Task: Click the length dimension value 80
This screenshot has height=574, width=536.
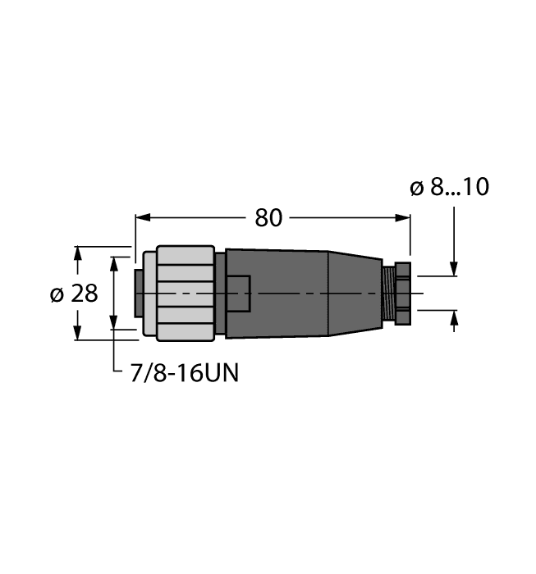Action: click(268, 217)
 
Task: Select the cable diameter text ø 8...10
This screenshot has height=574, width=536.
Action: click(449, 188)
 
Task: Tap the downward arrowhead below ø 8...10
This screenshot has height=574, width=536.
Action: click(454, 270)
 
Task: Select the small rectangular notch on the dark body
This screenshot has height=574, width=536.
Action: click(239, 293)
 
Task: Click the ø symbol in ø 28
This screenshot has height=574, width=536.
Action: click(57, 294)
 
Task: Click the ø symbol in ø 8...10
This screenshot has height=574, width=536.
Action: click(416, 188)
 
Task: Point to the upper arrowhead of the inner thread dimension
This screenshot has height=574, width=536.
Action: click(113, 262)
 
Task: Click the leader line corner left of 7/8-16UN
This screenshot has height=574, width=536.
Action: click(113, 374)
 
